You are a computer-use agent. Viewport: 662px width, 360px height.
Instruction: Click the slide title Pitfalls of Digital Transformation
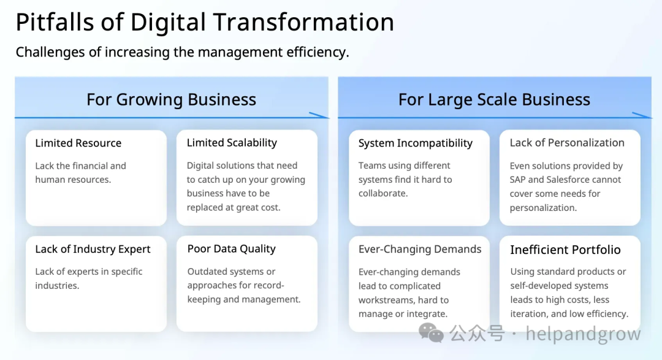tap(205, 23)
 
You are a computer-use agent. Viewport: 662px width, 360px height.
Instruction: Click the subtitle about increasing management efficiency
tap(183, 52)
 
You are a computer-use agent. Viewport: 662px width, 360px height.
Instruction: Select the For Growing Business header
tap(172, 100)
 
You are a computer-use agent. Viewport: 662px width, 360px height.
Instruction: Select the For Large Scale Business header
tap(494, 100)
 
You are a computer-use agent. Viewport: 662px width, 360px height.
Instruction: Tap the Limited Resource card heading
tap(78, 144)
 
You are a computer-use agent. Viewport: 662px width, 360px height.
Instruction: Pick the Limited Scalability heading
tap(232, 143)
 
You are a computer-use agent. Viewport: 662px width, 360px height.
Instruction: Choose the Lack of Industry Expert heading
tap(93, 249)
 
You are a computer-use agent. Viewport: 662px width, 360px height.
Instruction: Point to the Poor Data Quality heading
tap(231, 249)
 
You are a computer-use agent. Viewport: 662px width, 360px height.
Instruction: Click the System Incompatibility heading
tap(416, 144)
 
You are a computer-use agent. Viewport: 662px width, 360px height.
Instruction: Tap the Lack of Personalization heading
tap(567, 143)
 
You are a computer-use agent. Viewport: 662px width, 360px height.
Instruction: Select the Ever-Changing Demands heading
tap(420, 249)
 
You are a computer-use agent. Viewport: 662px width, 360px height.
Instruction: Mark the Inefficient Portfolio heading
tap(565, 250)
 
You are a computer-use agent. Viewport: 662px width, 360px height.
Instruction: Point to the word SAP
tap(517, 180)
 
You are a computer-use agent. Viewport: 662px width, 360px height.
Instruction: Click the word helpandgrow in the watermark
tap(583, 334)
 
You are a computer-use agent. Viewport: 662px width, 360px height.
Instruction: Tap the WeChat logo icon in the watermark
tap(431, 333)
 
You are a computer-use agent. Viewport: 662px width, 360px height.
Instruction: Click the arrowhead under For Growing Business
tap(319, 115)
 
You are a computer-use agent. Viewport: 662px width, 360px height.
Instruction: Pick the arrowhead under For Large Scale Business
tap(642, 115)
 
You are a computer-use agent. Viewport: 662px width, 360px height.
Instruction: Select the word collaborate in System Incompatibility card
tap(383, 194)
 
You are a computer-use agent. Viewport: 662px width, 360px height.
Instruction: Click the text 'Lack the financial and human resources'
tap(81, 173)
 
